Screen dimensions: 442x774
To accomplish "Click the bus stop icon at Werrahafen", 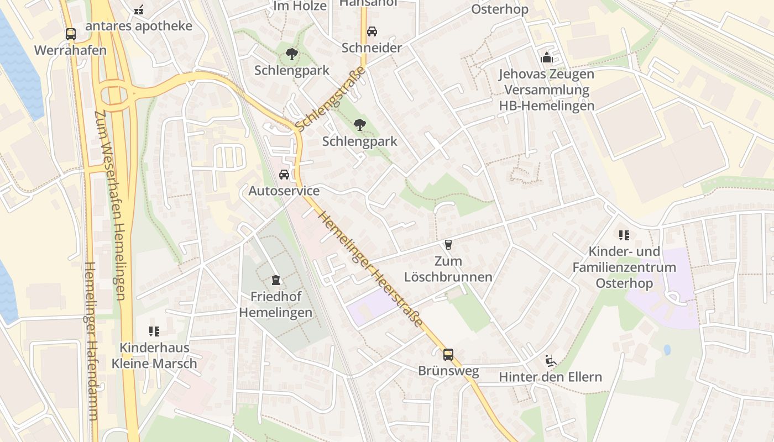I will coord(71,34).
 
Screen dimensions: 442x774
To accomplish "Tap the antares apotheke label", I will coord(139,26).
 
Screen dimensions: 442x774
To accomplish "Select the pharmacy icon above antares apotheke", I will coord(139,9).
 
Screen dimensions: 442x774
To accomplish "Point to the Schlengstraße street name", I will coord(330,99).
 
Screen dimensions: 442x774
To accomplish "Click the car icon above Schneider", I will coord(372,31).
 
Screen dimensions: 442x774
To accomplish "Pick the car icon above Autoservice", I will coord(284,175).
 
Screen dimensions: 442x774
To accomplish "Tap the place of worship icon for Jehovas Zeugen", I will coord(547,57).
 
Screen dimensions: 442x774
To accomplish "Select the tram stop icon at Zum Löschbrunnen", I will coord(448,244).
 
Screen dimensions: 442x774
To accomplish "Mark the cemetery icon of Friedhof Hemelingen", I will coord(276,280).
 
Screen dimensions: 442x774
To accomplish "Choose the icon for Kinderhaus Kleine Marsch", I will coord(154,331).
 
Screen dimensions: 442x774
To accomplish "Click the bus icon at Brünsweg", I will coord(448,354).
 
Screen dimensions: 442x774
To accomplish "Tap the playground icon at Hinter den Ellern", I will coord(550,361).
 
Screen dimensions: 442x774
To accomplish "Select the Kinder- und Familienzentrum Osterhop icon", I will coord(624,235).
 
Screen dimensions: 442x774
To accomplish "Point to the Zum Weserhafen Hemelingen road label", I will coord(111,204).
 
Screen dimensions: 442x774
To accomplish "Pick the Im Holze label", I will coord(297,6).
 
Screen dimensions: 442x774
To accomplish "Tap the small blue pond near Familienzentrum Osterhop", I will coord(667,350).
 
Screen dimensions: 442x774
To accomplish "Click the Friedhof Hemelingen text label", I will coord(276,304).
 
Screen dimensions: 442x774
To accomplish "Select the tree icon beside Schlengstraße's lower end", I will coord(360,125).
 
